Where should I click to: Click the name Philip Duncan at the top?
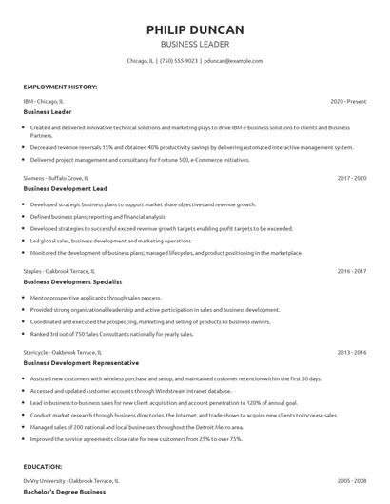194,29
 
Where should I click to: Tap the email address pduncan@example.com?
232,60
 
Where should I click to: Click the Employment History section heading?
59,86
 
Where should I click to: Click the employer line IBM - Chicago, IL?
44,101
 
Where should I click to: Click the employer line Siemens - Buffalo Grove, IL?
56,177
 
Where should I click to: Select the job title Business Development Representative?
80,363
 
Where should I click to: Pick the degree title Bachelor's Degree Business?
65,493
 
